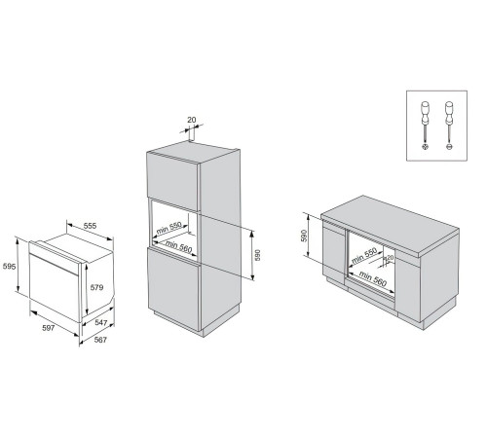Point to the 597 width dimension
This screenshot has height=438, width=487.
click(x=40, y=329)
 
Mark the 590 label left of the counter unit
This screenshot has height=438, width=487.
click(x=304, y=237)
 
